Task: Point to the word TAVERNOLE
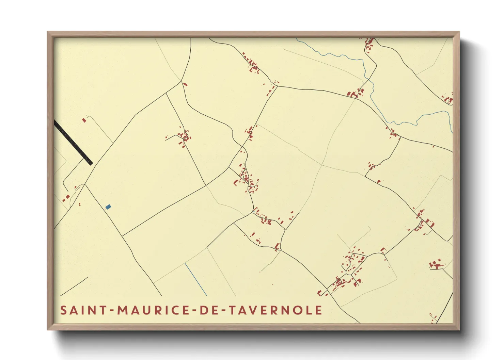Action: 275,310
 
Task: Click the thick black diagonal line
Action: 74,143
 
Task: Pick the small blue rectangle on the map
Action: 108,207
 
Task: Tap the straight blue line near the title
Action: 196,279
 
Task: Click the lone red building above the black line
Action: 84,120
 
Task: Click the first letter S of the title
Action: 63,310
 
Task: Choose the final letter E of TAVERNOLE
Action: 319,310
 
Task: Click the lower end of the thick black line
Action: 91,163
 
